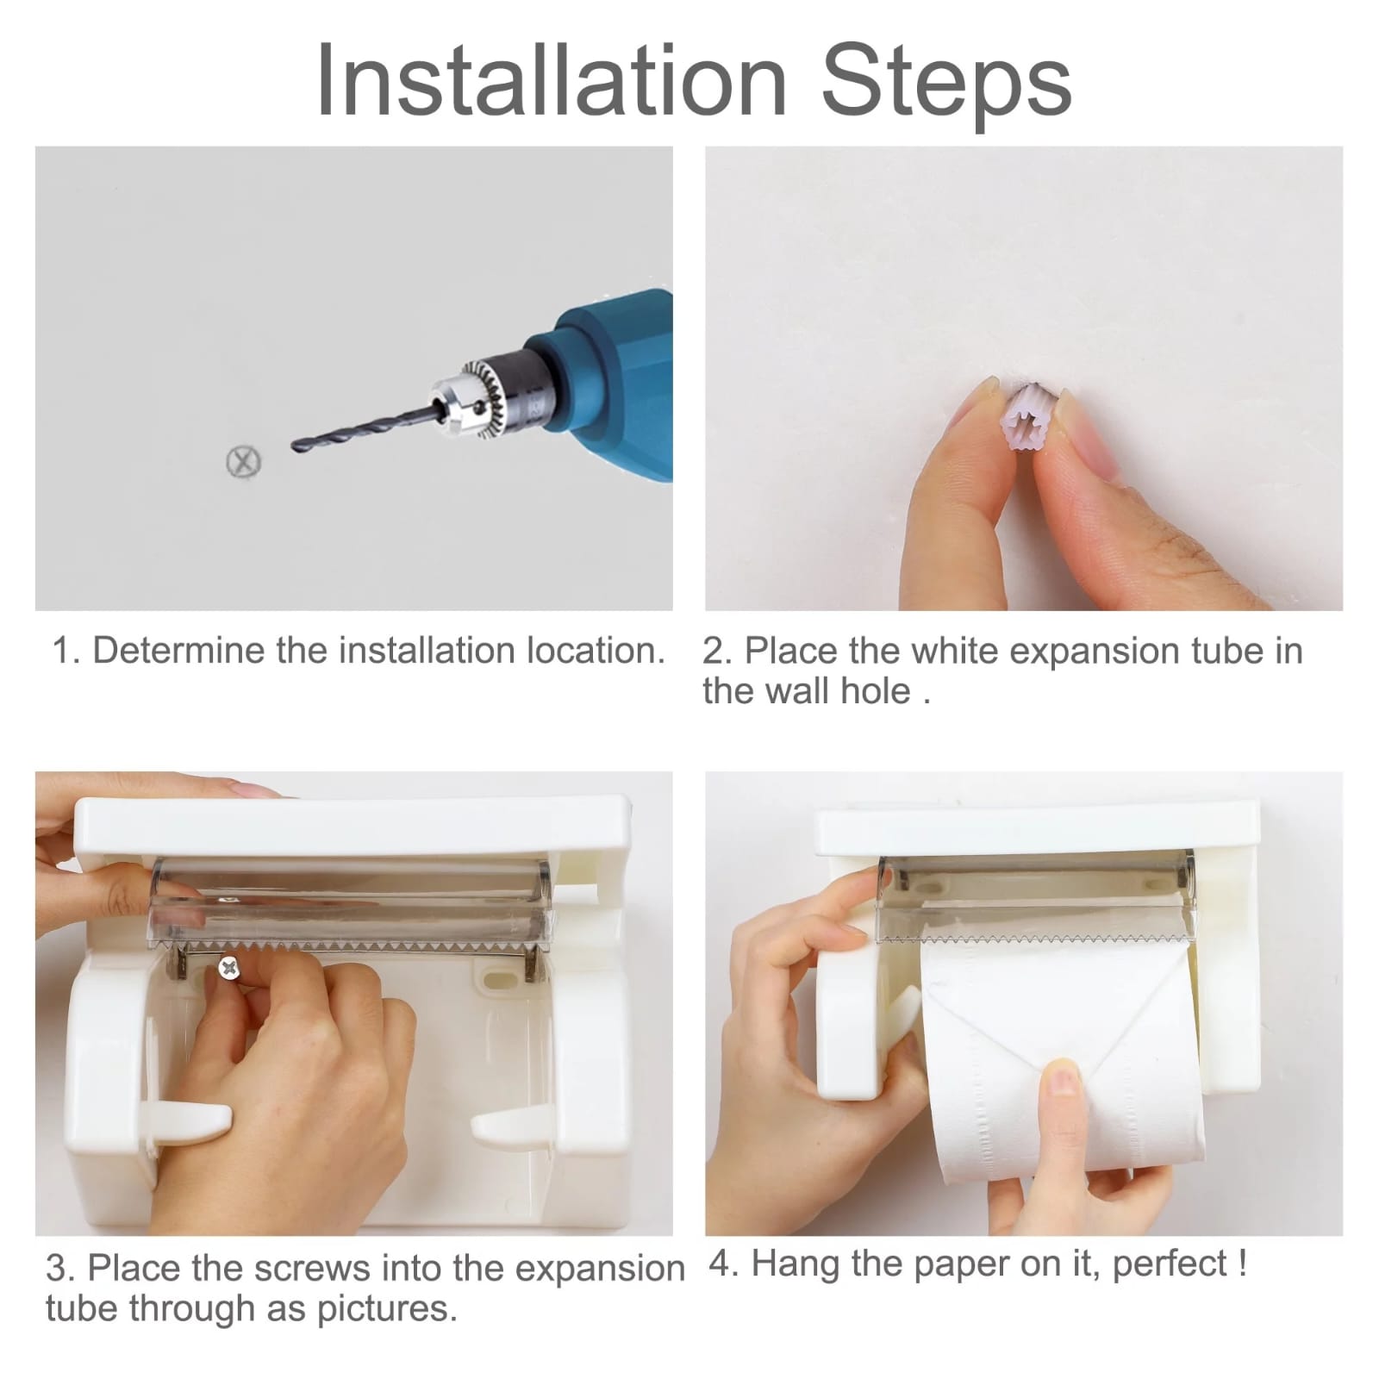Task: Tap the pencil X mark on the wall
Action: [244, 462]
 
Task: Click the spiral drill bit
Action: [362, 430]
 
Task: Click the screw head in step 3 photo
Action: [229, 969]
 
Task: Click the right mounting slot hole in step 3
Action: [496, 977]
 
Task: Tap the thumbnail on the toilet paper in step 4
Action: [1066, 1082]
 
